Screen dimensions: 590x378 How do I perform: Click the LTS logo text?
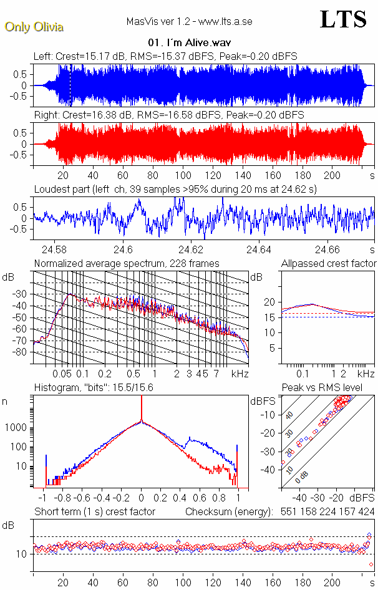tap(343, 19)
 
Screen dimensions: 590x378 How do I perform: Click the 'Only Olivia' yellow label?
tap(34, 27)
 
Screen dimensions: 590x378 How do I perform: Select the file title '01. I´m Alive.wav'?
tap(189, 43)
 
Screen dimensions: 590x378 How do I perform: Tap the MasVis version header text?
tap(189, 22)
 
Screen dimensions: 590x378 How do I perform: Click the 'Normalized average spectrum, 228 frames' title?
tap(127, 264)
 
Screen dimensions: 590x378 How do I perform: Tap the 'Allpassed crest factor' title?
tap(329, 264)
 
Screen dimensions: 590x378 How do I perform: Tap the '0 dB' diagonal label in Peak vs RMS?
tap(302, 477)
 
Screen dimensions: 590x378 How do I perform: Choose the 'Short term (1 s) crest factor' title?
tap(94, 511)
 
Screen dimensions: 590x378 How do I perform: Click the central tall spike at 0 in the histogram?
tap(142, 412)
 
